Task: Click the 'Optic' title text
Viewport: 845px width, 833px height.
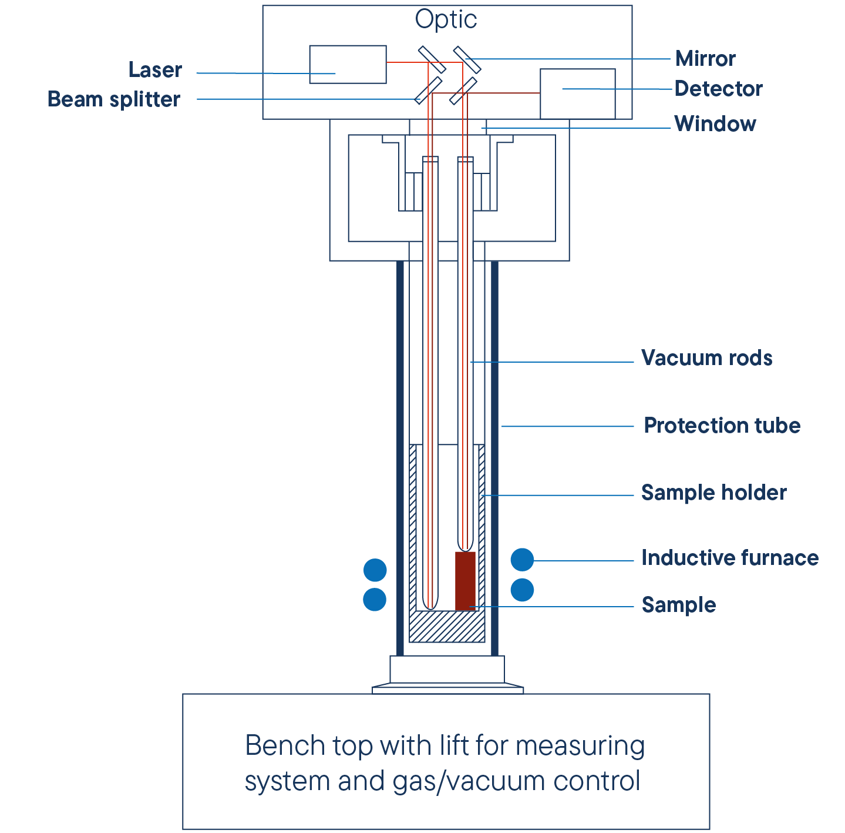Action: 446,20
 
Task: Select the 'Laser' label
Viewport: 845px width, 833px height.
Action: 155,70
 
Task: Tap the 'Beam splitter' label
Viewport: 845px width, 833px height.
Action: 113,99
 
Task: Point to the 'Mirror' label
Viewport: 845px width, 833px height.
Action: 705,59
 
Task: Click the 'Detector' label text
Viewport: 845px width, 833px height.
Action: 718,89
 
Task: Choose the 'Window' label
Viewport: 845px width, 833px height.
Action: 715,124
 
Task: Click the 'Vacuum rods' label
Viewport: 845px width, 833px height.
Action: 706,358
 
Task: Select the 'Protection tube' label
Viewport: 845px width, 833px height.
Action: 722,426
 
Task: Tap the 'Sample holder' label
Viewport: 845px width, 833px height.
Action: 713,493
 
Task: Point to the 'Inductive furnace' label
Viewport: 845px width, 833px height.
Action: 729,558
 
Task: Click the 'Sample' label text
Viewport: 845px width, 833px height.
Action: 678,605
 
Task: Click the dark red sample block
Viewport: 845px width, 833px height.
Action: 465,581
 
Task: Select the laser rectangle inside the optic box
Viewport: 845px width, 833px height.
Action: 348,64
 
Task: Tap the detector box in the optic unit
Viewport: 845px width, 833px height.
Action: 577,93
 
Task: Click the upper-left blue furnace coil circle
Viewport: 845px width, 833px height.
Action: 375,570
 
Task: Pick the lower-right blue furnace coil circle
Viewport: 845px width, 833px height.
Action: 522,590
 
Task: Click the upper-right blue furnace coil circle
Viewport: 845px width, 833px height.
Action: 522,560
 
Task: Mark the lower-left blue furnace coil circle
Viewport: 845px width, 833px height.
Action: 375,600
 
